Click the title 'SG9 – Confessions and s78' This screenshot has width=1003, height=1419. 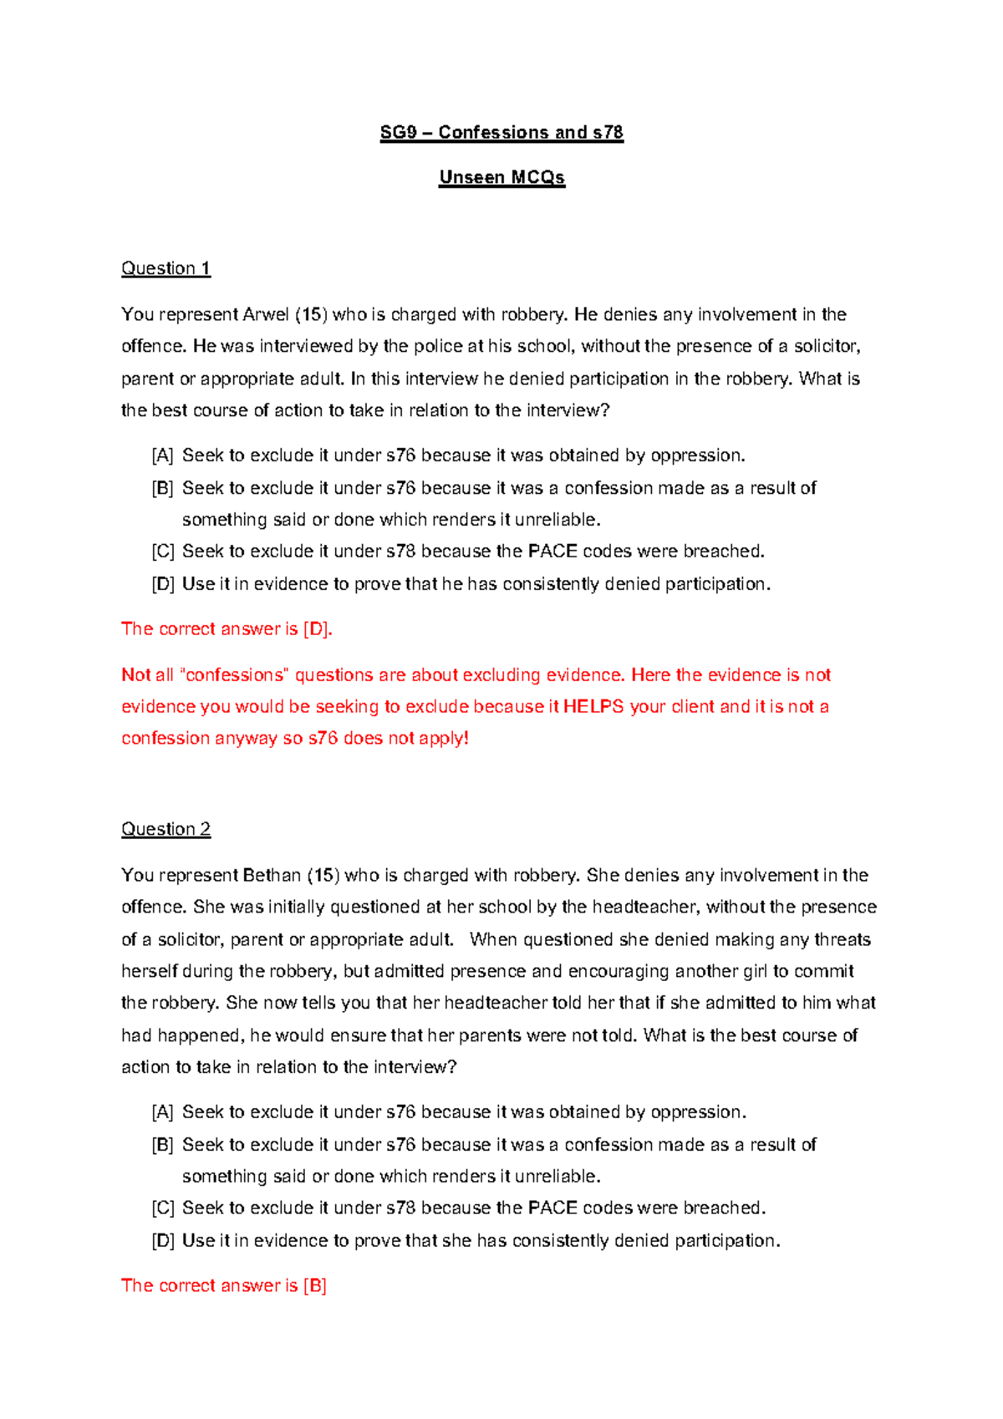[501, 132]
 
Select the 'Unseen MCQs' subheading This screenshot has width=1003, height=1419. [501, 177]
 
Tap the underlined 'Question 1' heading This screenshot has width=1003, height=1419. [165, 268]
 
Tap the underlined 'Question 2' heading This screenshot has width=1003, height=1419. [165, 829]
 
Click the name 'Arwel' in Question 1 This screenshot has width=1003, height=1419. [265, 315]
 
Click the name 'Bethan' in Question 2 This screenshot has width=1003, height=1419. [272, 876]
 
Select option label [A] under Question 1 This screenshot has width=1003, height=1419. [162, 456]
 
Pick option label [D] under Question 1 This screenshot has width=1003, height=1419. [162, 584]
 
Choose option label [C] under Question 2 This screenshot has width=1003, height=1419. [162, 1208]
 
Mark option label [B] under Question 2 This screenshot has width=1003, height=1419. [162, 1145]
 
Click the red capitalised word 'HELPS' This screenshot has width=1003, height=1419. [593, 707]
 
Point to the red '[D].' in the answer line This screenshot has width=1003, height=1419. [318, 629]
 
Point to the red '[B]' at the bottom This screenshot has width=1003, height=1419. [315, 1286]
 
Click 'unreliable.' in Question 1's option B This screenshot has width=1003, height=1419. [558, 520]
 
